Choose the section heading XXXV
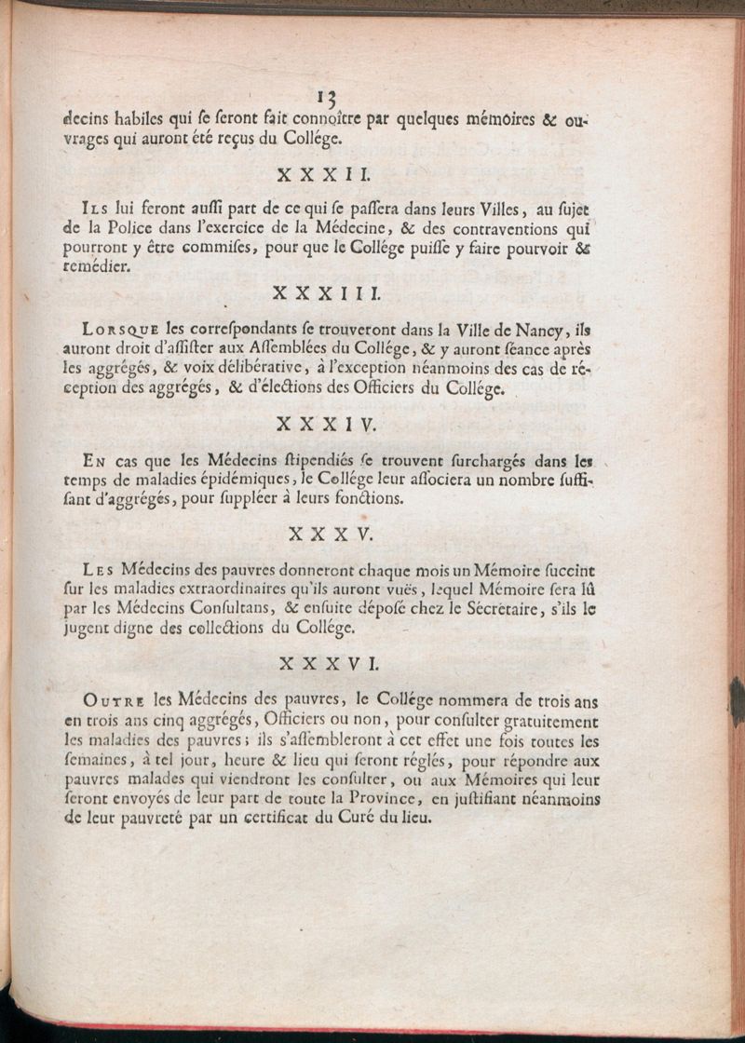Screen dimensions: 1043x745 pos(331,534)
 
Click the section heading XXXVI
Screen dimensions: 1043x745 pos(332,664)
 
